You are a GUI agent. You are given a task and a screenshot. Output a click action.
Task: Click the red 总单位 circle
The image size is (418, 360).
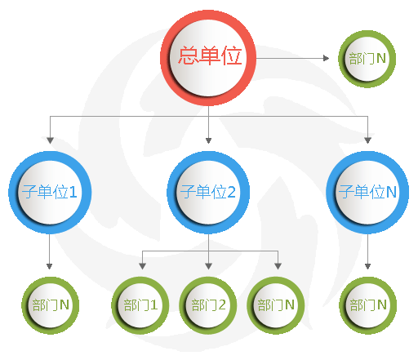coord(208,58)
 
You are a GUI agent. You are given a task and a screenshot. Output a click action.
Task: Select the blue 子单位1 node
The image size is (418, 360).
coord(50,193)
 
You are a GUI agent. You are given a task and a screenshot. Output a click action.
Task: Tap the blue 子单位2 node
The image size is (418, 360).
coord(208,193)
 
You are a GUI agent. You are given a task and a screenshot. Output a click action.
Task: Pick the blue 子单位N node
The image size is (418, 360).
coord(367,193)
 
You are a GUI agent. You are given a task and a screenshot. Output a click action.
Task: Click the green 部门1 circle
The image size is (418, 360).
coord(140,305)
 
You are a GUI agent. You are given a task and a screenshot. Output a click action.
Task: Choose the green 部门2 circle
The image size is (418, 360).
coord(208,305)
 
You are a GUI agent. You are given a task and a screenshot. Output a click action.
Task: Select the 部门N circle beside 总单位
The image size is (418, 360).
coord(367,59)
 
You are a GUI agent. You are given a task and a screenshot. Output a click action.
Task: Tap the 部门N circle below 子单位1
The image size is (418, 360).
coord(51,305)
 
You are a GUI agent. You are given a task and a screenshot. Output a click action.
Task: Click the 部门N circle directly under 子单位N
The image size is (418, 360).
coord(367,305)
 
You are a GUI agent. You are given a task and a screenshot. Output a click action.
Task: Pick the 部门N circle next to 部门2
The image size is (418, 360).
coord(276,305)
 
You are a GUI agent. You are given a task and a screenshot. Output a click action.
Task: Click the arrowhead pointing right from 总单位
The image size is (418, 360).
coord(326,58)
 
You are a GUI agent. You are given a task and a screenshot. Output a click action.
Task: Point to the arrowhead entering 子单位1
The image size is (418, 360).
coord(50,140)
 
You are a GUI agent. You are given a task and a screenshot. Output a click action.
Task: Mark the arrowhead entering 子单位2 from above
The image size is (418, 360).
coord(208,140)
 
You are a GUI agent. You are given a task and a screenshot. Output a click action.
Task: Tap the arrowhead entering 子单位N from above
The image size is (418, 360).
coord(367,140)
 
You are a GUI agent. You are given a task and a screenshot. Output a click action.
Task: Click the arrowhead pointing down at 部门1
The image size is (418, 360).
coord(142,266)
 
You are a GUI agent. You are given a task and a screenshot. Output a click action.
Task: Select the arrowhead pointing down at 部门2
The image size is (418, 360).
coord(208,266)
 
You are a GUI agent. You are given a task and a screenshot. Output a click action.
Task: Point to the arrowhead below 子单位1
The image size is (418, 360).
coord(49,266)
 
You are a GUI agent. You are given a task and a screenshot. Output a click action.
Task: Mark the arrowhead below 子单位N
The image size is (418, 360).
coord(367,266)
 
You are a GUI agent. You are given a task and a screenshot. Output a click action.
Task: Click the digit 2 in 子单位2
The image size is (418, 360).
coord(231,192)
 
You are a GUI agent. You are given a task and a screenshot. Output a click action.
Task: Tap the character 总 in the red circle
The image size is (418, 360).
coord(189,56)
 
